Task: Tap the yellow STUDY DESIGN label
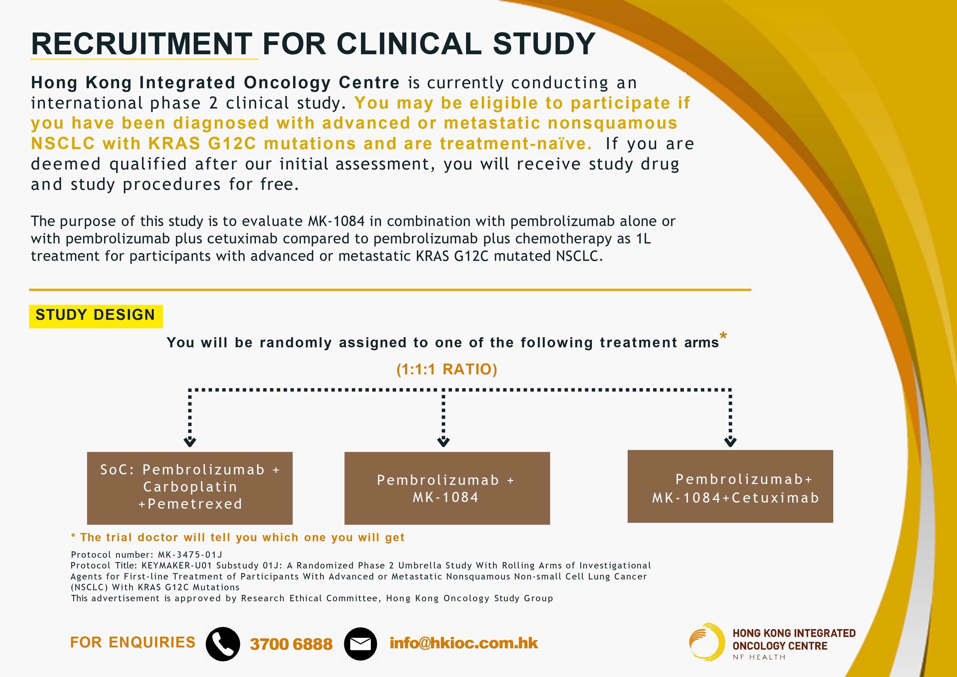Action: pos(96,316)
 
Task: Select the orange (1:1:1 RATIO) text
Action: pos(447,369)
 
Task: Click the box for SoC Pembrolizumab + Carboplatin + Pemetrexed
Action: pos(190,488)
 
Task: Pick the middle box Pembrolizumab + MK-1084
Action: pos(447,488)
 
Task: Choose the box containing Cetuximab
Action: pos(730,486)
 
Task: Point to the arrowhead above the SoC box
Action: pos(190,442)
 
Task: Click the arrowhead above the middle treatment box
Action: pos(443,442)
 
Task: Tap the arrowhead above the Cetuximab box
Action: pos(730,442)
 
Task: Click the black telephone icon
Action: pos(223,644)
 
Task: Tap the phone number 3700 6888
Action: pos(291,644)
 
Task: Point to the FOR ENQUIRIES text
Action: pos(133,642)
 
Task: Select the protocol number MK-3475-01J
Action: pos(190,555)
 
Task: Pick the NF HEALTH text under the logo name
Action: pos(759,657)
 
